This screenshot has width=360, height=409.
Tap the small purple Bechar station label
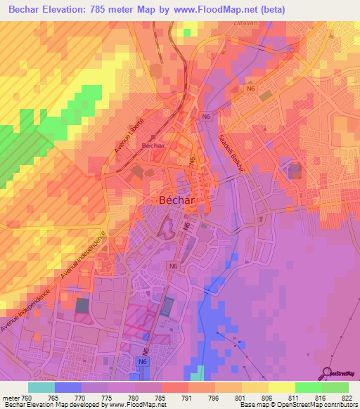153,145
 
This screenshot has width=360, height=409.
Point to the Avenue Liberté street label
129,136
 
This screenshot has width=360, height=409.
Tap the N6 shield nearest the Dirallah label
250,89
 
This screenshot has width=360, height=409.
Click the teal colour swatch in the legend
41,387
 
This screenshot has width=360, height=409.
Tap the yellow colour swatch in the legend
282,387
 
